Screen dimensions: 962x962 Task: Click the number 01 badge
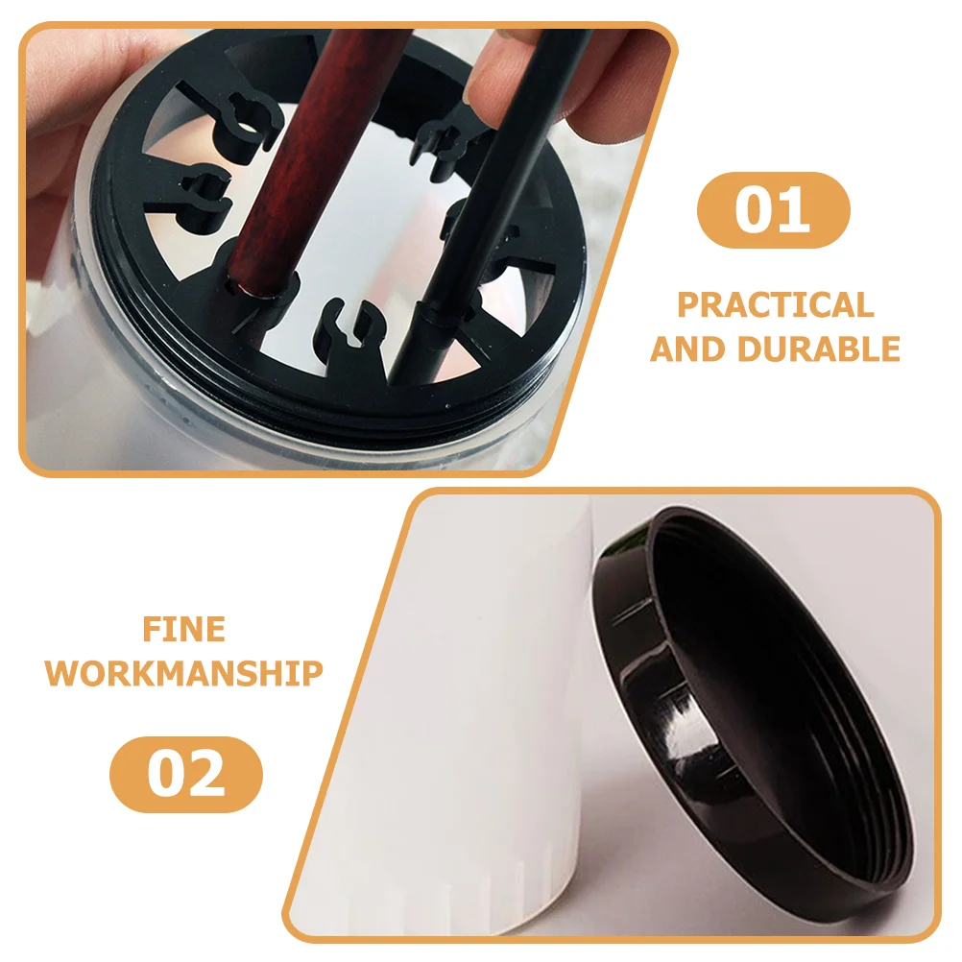tap(773, 210)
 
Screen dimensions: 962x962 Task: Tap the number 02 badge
tap(186, 774)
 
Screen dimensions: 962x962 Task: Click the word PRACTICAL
tap(776, 304)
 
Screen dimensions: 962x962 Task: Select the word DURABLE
tap(818, 349)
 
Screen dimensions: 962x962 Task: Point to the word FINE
tap(184, 629)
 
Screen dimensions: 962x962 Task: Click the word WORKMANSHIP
tap(184, 673)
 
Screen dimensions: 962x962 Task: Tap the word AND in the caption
tap(689, 349)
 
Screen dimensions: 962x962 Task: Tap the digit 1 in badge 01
tap(795, 210)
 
